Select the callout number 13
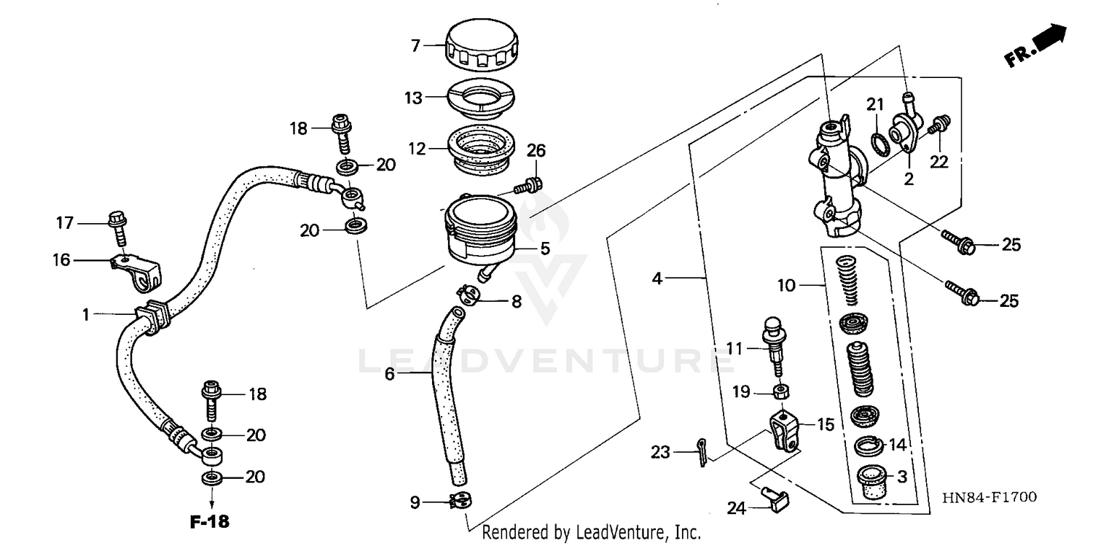pyautogui.click(x=414, y=97)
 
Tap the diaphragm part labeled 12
pyautogui.click(x=482, y=149)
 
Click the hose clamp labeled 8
pyautogui.click(x=468, y=295)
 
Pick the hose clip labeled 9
pyautogui.click(x=461, y=501)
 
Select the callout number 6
pyautogui.click(x=389, y=375)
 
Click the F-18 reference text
pyautogui.click(x=210, y=522)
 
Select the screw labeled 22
pyautogui.click(x=941, y=125)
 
